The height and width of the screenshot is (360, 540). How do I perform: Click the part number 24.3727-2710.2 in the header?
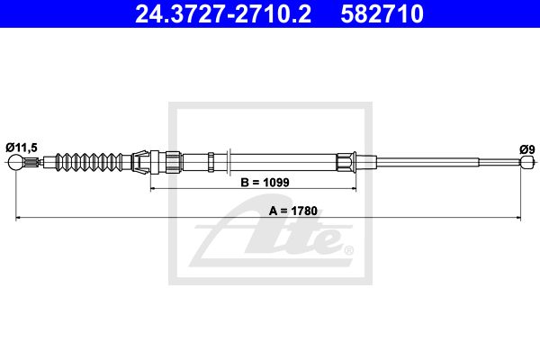tap(223, 13)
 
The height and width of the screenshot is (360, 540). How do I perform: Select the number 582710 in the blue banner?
tap(382, 13)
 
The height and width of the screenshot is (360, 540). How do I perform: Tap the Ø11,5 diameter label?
tap(22, 148)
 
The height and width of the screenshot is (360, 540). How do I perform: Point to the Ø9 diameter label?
tap(527, 150)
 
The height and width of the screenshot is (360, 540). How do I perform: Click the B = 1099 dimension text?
tap(265, 182)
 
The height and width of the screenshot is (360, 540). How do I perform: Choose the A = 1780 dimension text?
tap(293, 211)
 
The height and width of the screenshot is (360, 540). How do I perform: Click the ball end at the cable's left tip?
tap(16, 162)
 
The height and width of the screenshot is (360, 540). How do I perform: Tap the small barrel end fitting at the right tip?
tap(527, 162)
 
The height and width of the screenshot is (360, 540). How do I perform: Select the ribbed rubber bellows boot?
tap(90, 162)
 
